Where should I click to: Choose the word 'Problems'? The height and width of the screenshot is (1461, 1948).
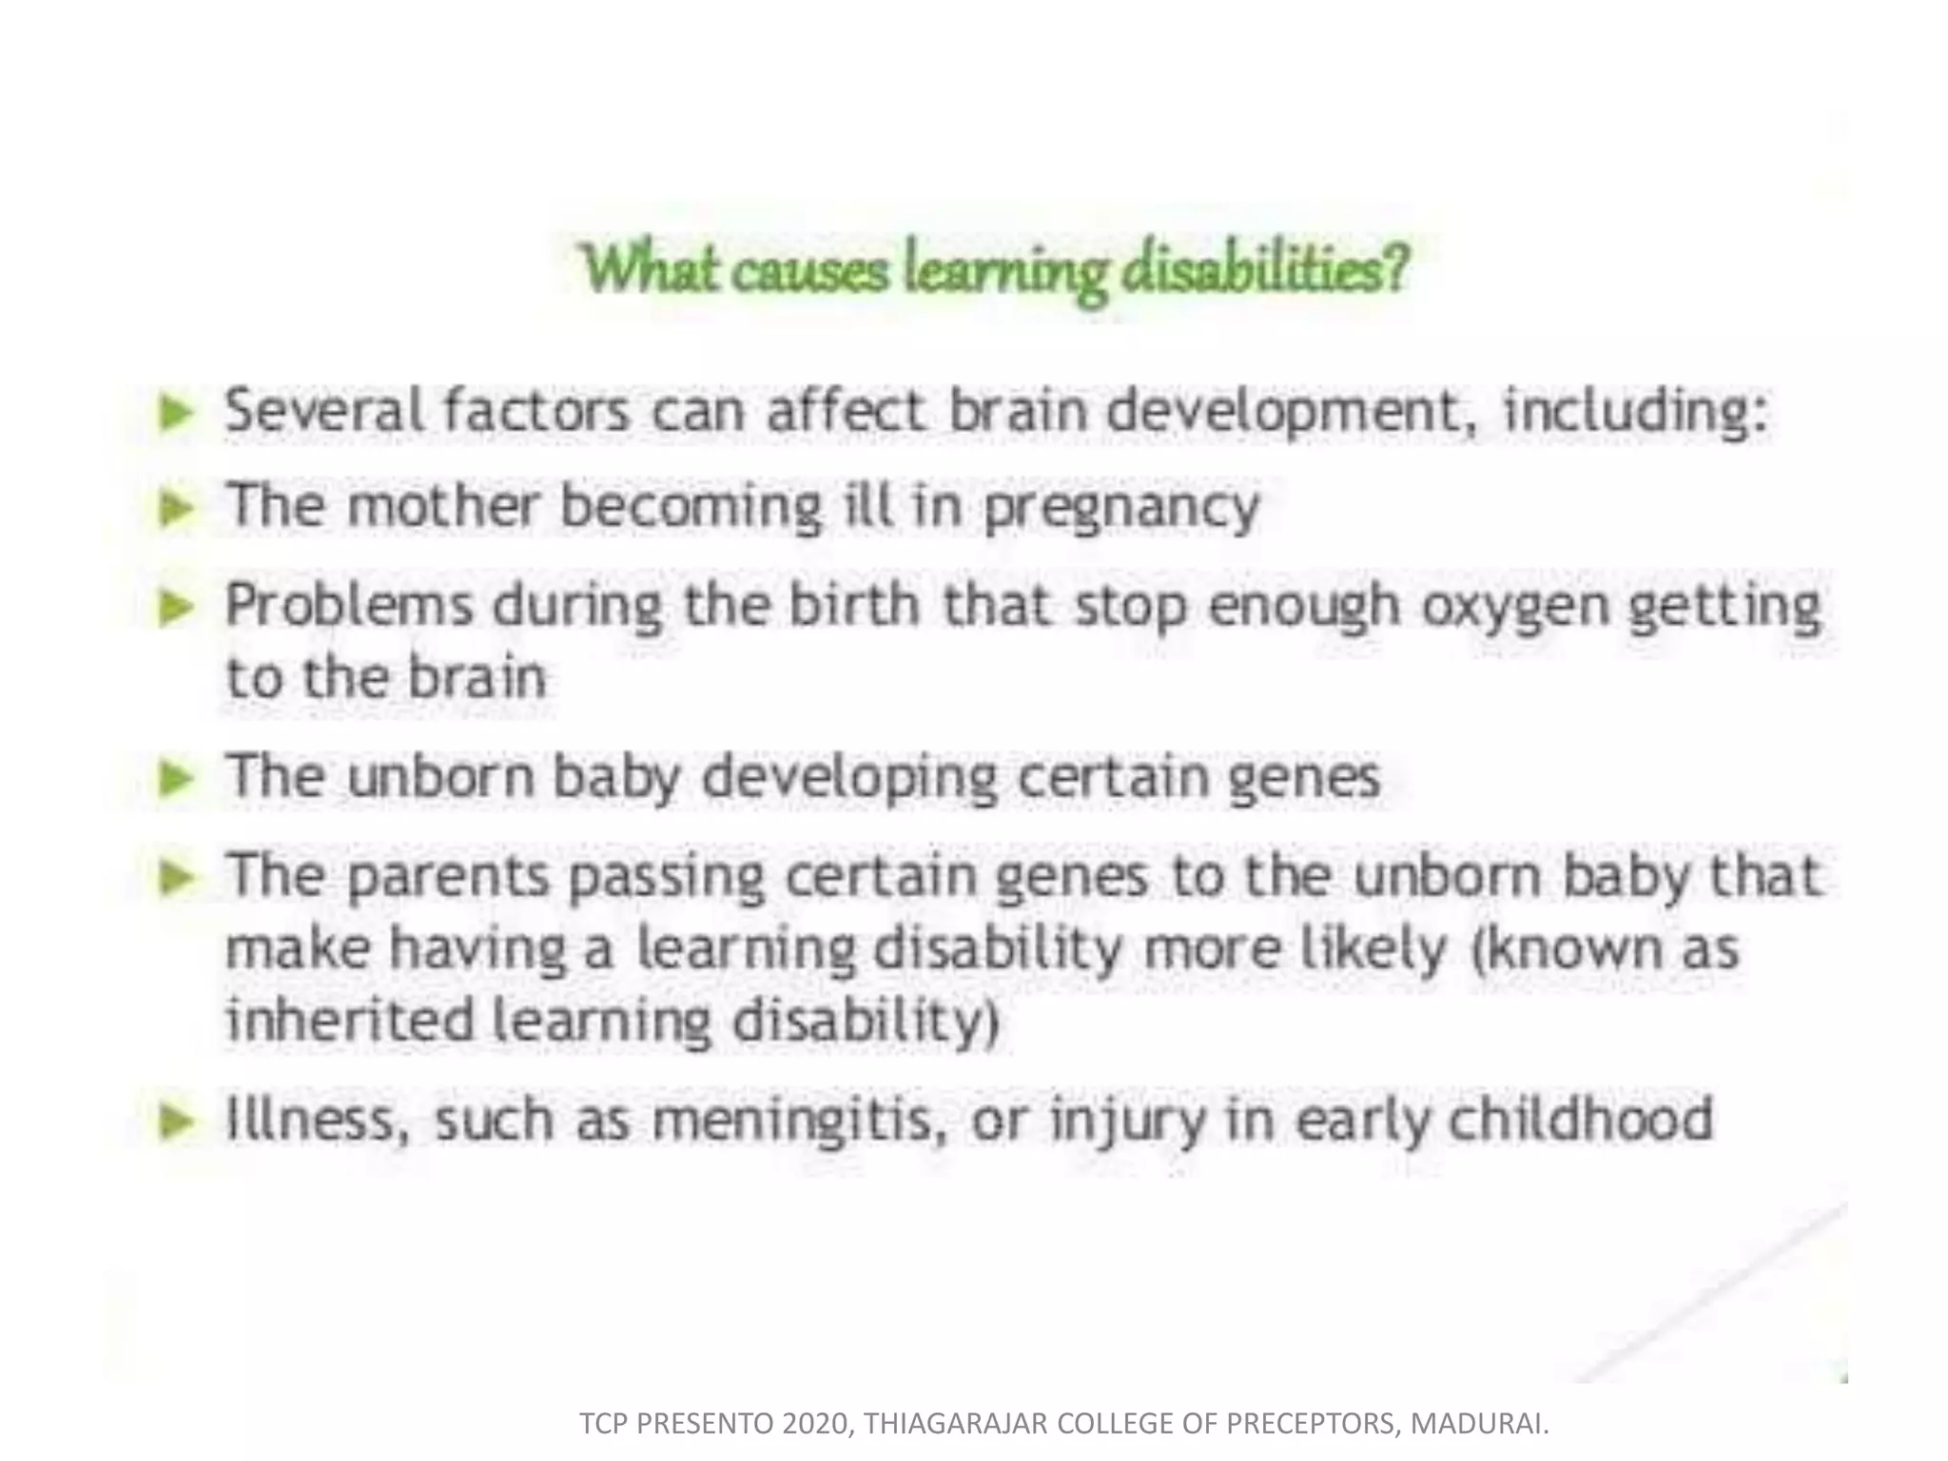point(348,605)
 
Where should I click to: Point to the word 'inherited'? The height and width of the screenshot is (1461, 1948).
point(349,1020)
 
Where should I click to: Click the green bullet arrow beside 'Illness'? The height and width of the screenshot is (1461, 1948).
point(177,1121)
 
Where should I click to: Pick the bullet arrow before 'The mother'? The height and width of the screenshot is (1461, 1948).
point(177,507)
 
